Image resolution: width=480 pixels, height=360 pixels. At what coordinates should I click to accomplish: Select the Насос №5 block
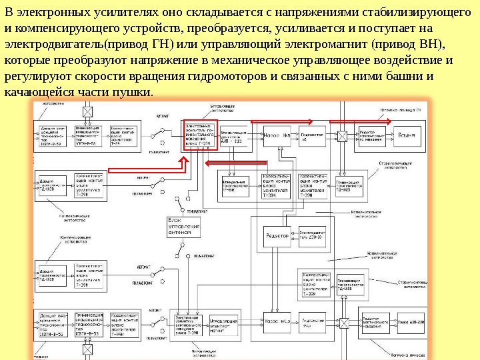point(277,136)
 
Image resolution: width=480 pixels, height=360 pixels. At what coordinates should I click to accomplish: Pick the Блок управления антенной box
point(183,227)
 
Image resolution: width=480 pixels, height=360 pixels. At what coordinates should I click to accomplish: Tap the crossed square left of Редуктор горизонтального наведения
point(342,136)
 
